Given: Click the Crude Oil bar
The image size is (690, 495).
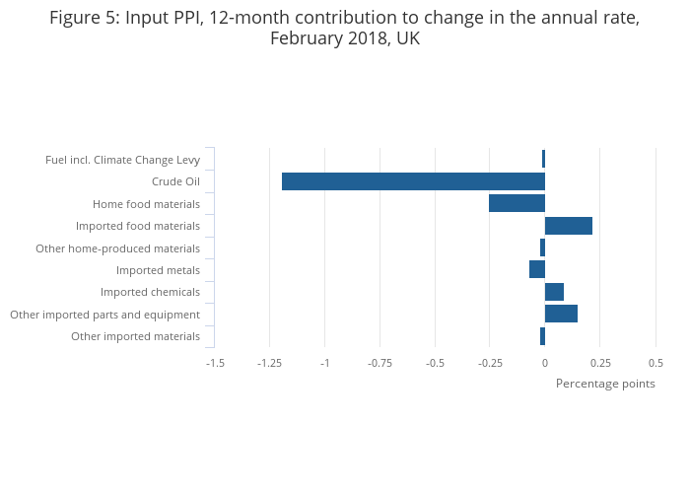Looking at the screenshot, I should click(413, 181).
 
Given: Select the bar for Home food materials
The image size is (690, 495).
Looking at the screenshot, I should click(517, 203).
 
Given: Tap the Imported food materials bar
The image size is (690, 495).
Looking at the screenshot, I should click(569, 226).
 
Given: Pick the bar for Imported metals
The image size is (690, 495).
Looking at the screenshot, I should click(537, 269).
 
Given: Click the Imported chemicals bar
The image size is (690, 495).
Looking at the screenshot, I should click(554, 292).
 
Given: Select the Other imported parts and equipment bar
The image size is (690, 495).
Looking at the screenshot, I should click(561, 314).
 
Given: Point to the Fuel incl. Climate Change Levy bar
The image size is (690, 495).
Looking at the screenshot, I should click(543, 159).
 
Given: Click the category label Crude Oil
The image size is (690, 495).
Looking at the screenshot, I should click(175, 181).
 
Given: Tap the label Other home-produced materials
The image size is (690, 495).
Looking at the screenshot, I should click(117, 248).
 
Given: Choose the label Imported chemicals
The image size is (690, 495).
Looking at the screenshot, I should click(150, 292).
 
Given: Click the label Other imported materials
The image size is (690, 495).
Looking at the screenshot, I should click(135, 336).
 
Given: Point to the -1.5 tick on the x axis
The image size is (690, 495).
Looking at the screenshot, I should click(215, 363).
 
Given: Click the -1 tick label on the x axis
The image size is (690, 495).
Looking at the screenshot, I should click(324, 363).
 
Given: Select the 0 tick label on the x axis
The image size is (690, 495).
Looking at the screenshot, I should click(545, 363).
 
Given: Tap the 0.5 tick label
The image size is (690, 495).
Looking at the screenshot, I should click(655, 363).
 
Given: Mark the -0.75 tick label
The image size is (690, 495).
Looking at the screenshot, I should click(379, 363).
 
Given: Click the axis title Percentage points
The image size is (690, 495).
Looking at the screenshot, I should click(605, 384).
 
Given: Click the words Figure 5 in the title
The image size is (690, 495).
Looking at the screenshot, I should click(83, 19).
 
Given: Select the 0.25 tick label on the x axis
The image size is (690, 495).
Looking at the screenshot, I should click(600, 363).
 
